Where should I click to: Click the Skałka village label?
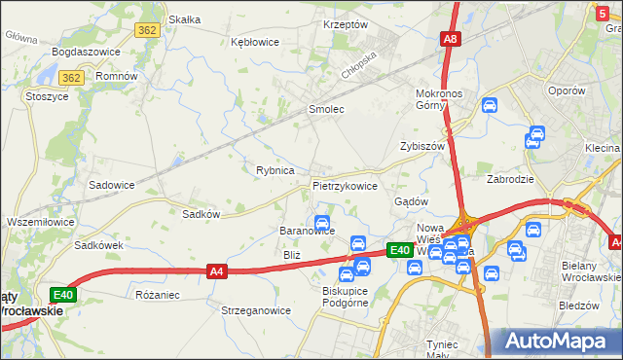[184, 19]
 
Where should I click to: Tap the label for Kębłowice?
[255, 42]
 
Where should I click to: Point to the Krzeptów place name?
[345, 24]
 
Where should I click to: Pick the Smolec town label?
[326, 110]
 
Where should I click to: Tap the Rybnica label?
[275, 170]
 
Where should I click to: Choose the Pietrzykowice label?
[345, 185]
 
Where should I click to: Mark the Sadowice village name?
[112, 184]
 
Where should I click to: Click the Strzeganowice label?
[256, 311]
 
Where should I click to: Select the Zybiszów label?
[421, 146]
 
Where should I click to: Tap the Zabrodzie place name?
[510, 180]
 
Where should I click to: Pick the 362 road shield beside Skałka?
[147, 30]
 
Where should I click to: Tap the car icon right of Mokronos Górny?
[490, 105]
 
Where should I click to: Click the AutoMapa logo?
[556, 342]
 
